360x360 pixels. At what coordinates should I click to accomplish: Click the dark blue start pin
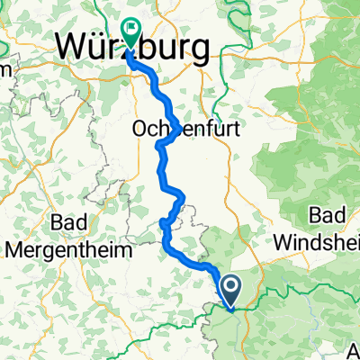[231, 290]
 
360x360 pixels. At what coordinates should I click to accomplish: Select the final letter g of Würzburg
[197, 47]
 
